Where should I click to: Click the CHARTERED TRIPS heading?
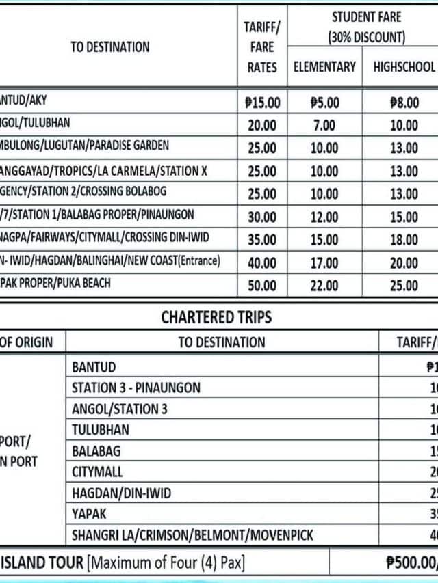216,317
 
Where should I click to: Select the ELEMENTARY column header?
324,67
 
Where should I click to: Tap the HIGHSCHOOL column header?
404,67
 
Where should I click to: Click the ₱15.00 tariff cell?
262,103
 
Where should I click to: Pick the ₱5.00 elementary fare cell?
324,103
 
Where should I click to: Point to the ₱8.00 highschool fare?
404,103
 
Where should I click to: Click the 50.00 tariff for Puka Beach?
262,286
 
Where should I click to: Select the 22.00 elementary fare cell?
324,286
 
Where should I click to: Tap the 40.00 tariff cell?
262,262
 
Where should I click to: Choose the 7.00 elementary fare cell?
324,126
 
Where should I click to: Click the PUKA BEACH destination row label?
55,283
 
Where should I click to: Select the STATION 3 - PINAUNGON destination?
136,388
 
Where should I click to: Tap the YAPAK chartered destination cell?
89,513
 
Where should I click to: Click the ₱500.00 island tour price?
411,563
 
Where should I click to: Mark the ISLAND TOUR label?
41,563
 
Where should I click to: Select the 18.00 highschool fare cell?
404,240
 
